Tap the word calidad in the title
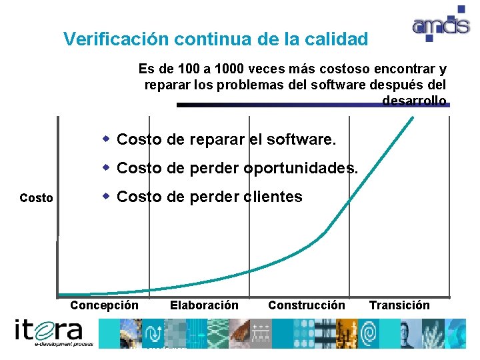[x=337, y=39]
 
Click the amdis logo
[x=439, y=26]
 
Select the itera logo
[x=49, y=332]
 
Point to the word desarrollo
[x=414, y=101]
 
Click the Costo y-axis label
[x=37, y=198]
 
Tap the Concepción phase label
[x=105, y=305]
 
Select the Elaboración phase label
[x=204, y=305]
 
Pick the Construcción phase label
[x=307, y=305]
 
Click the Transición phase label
[x=399, y=305]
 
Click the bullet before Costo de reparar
[x=106, y=139]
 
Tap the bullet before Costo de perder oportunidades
[x=106, y=167]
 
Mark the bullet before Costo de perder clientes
[x=106, y=196]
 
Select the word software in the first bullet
[x=303, y=140]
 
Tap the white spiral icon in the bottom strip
[x=368, y=332]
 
